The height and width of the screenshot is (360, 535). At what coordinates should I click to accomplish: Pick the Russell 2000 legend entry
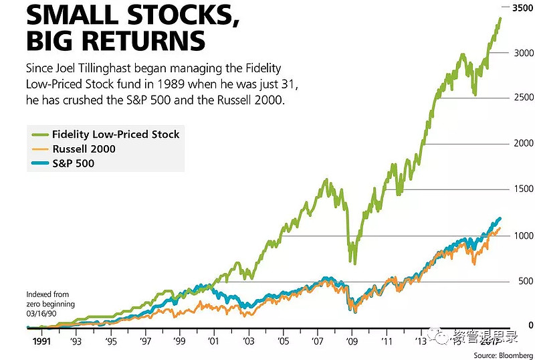tap(84, 149)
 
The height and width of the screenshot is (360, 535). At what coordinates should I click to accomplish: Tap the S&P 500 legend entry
tap(73, 163)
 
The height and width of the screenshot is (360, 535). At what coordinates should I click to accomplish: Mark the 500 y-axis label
tap(524, 282)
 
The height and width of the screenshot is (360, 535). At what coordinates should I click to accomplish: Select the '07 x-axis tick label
tap(317, 341)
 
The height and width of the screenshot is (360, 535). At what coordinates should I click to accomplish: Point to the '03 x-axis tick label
tap(249, 341)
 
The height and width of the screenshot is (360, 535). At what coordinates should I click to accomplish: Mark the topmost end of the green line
tap(500, 18)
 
